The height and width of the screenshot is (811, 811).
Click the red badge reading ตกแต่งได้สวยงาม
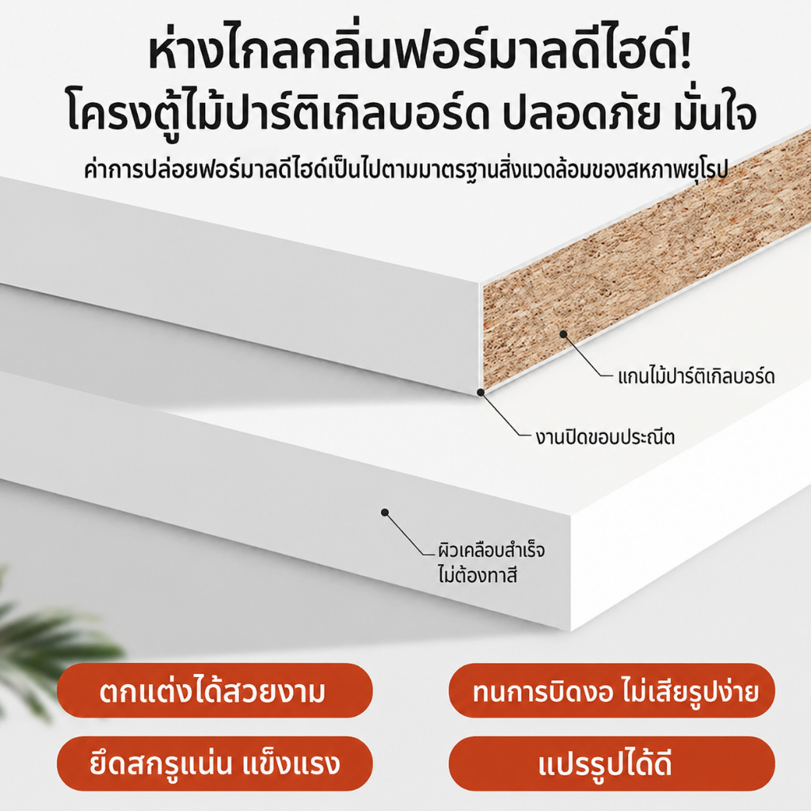(215, 691)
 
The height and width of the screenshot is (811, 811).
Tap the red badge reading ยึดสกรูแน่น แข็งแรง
(215, 764)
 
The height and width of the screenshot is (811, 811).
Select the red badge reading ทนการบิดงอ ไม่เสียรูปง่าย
(611, 691)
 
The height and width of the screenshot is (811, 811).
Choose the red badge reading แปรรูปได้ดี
(611, 764)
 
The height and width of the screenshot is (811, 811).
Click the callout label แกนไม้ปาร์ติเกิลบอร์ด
(696, 376)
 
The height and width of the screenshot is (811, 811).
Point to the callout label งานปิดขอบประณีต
(604, 437)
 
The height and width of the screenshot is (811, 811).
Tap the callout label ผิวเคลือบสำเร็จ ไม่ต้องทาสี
(491, 562)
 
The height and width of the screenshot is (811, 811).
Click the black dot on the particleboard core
(564, 335)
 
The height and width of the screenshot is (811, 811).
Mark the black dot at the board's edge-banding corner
(481, 393)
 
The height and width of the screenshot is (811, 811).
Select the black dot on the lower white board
(385, 512)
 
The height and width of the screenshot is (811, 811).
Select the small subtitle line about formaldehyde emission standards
(406, 169)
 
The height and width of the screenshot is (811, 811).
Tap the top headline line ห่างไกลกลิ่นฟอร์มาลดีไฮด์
(420, 51)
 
